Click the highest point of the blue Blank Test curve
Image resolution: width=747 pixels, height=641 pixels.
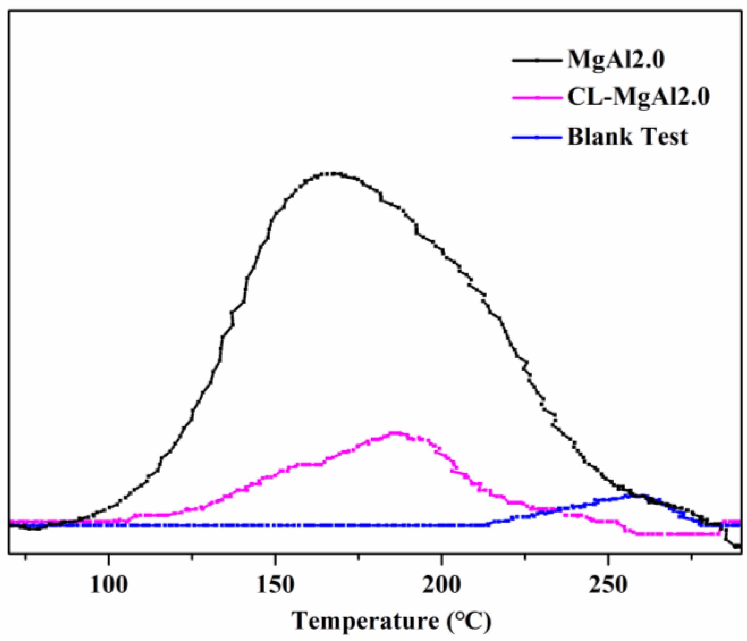[639, 496]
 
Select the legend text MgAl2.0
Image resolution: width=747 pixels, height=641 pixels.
[616, 60]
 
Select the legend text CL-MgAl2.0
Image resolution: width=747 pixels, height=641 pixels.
[639, 97]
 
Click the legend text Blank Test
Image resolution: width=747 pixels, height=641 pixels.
[628, 137]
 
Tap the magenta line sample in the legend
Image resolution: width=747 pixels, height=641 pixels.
[537, 98]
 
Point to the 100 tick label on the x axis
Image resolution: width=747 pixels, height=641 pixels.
[109, 585]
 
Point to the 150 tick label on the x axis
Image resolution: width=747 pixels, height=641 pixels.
[275, 585]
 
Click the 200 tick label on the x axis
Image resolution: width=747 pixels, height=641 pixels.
[442, 585]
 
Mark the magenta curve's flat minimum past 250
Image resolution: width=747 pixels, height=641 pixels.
[676, 534]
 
